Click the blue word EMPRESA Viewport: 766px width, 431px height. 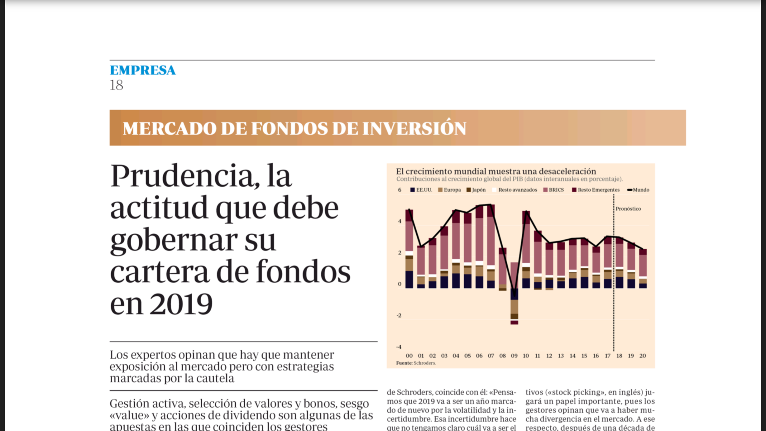tap(143, 70)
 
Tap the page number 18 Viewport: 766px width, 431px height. tap(116, 85)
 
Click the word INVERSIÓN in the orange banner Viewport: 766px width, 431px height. tap(414, 128)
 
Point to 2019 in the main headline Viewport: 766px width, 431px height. tap(181, 304)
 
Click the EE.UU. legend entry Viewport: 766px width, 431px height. tap(421, 190)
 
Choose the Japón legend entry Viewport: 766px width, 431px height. tap(476, 190)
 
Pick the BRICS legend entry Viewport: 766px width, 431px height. tap(554, 190)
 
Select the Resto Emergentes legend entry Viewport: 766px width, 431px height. tap(596, 190)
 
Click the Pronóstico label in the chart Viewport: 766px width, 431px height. tap(628, 209)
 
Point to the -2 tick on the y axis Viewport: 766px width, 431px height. tap(399, 315)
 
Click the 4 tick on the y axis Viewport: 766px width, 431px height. tap(399, 221)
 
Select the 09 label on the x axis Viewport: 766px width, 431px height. tap(514, 356)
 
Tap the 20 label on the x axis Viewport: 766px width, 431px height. tap(643, 356)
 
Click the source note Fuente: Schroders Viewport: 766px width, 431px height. tap(416, 363)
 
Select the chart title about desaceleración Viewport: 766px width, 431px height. tap(496, 171)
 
